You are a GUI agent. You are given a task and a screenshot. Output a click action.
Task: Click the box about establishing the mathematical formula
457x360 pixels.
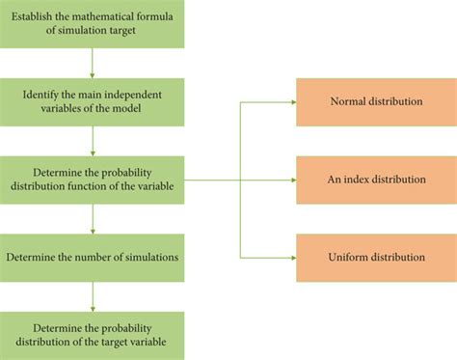click(x=93, y=23)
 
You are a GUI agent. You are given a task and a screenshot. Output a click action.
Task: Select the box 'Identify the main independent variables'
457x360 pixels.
click(x=93, y=101)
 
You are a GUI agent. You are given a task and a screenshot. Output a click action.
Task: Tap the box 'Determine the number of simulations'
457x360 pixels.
click(x=93, y=257)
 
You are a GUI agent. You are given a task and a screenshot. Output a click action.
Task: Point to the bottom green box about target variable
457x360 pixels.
click(x=93, y=335)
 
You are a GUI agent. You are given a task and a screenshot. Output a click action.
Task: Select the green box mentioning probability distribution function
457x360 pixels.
click(x=93, y=180)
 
